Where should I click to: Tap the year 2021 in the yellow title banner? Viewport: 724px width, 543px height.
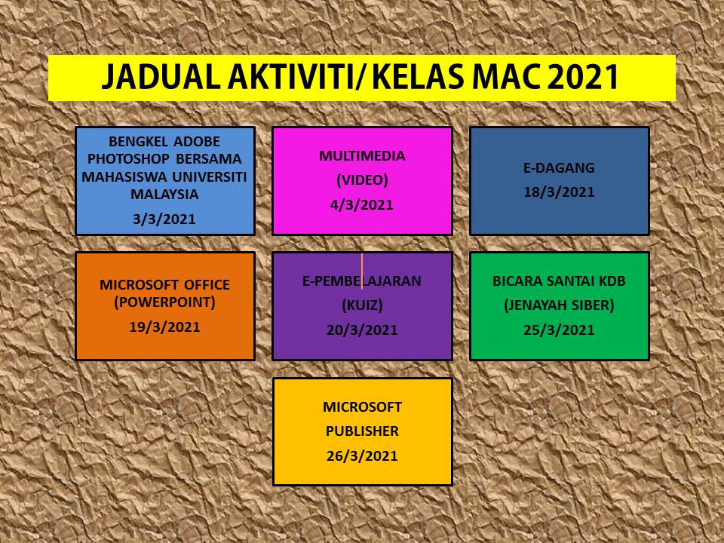coord(583,77)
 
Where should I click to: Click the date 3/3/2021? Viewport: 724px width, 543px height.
coord(164,219)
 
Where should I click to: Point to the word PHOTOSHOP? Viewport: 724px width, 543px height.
coord(128,159)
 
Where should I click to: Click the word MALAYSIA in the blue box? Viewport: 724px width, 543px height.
coord(164,194)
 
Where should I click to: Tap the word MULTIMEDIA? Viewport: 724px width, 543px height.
coord(362,156)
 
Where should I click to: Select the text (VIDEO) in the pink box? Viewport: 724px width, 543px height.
coord(362,180)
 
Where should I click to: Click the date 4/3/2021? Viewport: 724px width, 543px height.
coord(362,204)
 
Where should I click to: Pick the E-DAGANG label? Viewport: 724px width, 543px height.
coord(559,167)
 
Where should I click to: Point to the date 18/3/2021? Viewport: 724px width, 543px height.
coord(559,192)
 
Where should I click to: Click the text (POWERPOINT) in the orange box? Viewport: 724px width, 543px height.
coord(165,302)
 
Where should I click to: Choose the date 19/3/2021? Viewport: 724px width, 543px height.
coord(165,327)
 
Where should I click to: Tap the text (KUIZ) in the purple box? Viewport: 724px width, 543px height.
coord(362,305)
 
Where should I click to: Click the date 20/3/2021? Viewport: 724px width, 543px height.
coord(362,330)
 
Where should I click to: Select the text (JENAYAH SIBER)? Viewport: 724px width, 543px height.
coord(559,305)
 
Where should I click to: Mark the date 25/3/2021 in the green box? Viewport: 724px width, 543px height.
coord(559,330)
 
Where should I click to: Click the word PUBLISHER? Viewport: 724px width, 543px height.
coord(362,431)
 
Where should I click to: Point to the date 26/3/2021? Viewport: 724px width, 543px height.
coord(362,456)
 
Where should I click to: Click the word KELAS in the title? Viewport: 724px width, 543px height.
coord(419,77)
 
